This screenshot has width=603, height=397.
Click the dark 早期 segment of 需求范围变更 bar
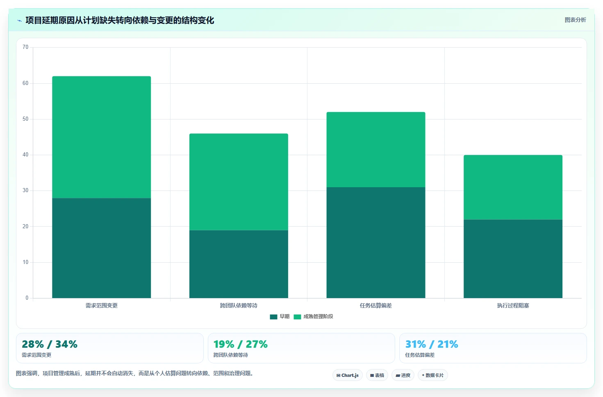(x=102, y=248)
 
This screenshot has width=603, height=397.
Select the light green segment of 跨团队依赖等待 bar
(x=239, y=181)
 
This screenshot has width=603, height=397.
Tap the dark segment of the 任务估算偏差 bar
(x=376, y=243)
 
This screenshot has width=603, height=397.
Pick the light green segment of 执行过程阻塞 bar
(x=513, y=187)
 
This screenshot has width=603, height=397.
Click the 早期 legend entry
(x=280, y=317)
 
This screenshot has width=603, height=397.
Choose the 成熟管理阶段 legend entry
(x=313, y=317)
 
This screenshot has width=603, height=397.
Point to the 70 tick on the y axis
(x=25, y=47)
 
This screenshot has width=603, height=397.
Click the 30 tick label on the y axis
(x=25, y=190)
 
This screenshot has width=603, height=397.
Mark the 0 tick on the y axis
(x=27, y=298)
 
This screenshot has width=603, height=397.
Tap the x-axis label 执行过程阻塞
(x=513, y=305)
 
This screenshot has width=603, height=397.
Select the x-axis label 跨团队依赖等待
(x=239, y=305)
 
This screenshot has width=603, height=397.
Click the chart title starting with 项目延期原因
(x=120, y=21)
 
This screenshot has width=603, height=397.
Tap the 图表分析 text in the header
(x=575, y=20)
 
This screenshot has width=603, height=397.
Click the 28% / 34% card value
(x=50, y=344)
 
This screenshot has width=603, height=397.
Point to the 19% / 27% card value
(x=240, y=344)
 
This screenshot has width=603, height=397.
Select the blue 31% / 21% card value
(x=432, y=344)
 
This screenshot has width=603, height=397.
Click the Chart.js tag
(x=348, y=375)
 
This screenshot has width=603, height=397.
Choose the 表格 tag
(x=377, y=375)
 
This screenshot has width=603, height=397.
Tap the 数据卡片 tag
(x=432, y=375)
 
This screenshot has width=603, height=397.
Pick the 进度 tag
(x=403, y=375)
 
